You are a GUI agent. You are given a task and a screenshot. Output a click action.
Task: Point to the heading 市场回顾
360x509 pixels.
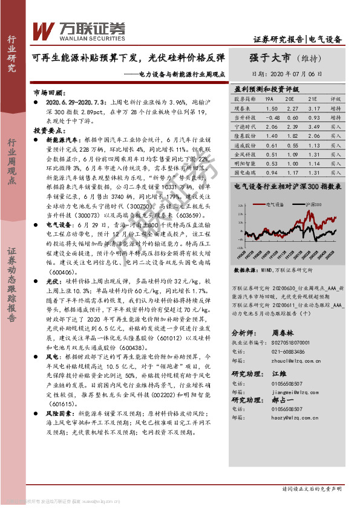click(48, 94)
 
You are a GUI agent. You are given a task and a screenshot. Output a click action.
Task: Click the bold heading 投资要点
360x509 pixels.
click(48, 130)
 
